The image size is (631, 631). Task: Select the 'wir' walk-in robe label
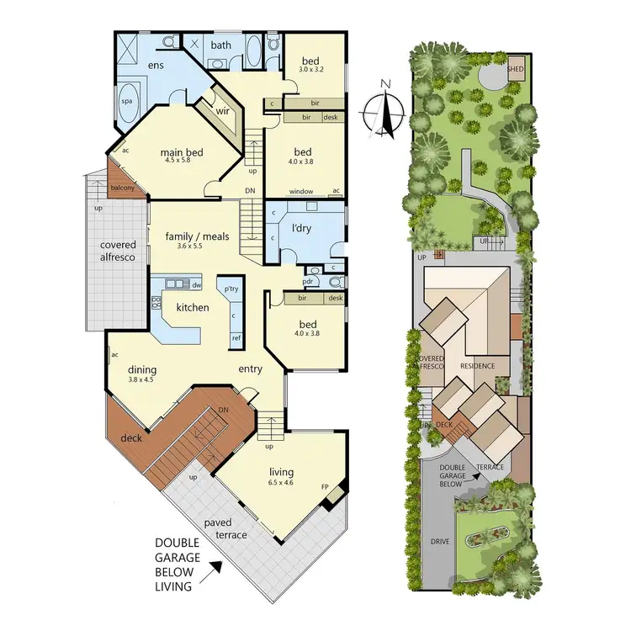(x=223, y=110)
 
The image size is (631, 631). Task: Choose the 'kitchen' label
(x=192, y=307)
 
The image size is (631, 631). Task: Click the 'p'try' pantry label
(x=231, y=289)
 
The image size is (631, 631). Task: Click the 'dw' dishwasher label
(x=196, y=285)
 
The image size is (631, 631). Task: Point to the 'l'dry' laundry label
(x=302, y=229)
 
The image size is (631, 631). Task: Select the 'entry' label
(x=250, y=369)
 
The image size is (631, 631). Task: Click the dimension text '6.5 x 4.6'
(x=281, y=484)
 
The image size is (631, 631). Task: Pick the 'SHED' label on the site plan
(x=516, y=70)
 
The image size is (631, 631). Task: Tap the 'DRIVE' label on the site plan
(x=440, y=542)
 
